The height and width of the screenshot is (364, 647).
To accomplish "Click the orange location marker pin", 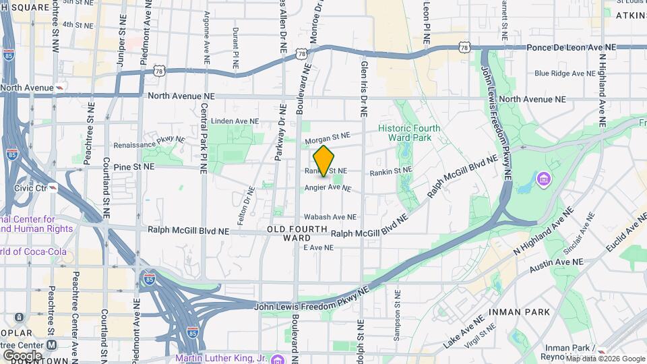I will [324, 161].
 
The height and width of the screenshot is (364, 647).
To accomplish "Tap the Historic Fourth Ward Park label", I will [409, 133].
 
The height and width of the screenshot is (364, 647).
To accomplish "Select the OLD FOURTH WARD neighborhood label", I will [297, 234].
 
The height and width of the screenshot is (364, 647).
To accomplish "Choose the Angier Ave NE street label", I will [328, 187].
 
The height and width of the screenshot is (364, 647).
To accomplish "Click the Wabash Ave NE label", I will [330, 217].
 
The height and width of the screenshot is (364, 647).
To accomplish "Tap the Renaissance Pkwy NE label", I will [149, 143].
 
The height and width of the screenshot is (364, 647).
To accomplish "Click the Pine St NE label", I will [133, 166].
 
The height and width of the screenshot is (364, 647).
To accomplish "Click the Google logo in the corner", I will [22, 355].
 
